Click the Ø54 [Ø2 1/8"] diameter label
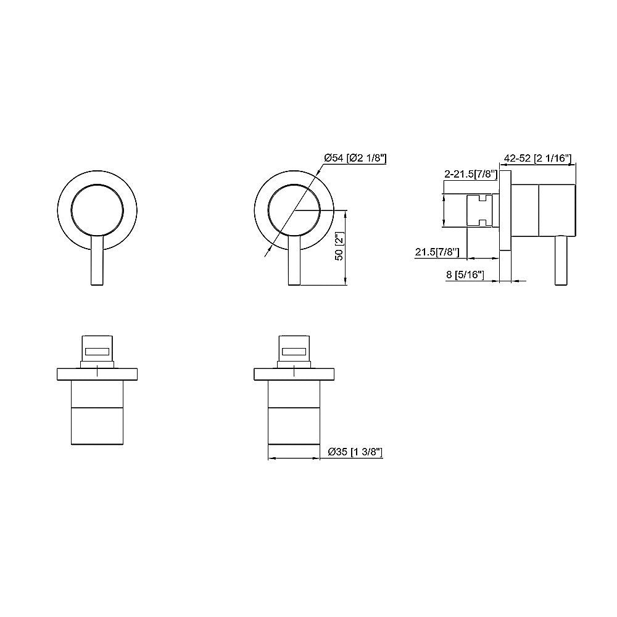(355, 159)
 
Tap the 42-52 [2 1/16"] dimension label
(536, 159)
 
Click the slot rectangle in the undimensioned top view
(97, 352)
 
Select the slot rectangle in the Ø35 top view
(294, 352)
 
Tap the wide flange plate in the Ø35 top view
(294, 375)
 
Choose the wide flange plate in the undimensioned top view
(97, 375)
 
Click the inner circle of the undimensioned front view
(97, 210)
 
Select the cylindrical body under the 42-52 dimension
(543, 210)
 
